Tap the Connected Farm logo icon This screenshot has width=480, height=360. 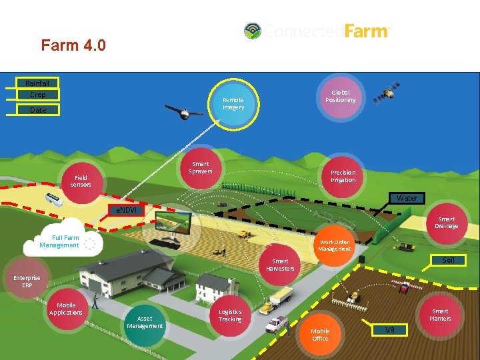click(x=253, y=31)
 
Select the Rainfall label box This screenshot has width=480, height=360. click(x=37, y=83)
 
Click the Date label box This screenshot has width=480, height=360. click(x=38, y=110)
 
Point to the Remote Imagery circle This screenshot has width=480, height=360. click(x=233, y=104)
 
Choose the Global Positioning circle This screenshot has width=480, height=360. click(x=340, y=97)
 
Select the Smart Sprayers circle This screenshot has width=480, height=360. click(x=201, y=167)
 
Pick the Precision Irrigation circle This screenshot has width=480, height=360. click(x=343, y=177)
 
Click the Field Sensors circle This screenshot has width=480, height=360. click(x=81, y=181)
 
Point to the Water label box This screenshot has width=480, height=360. click(x=407, y=198)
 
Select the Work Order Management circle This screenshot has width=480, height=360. click(x=334, y=246)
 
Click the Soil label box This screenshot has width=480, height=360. click(x=448, y=260)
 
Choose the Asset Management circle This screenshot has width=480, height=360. click(x=145, y=323)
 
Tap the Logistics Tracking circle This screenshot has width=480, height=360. click(x=231, y=315)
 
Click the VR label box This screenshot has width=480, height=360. click(x=389, y=330)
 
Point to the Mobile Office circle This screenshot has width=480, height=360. click(x=320, y=335)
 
